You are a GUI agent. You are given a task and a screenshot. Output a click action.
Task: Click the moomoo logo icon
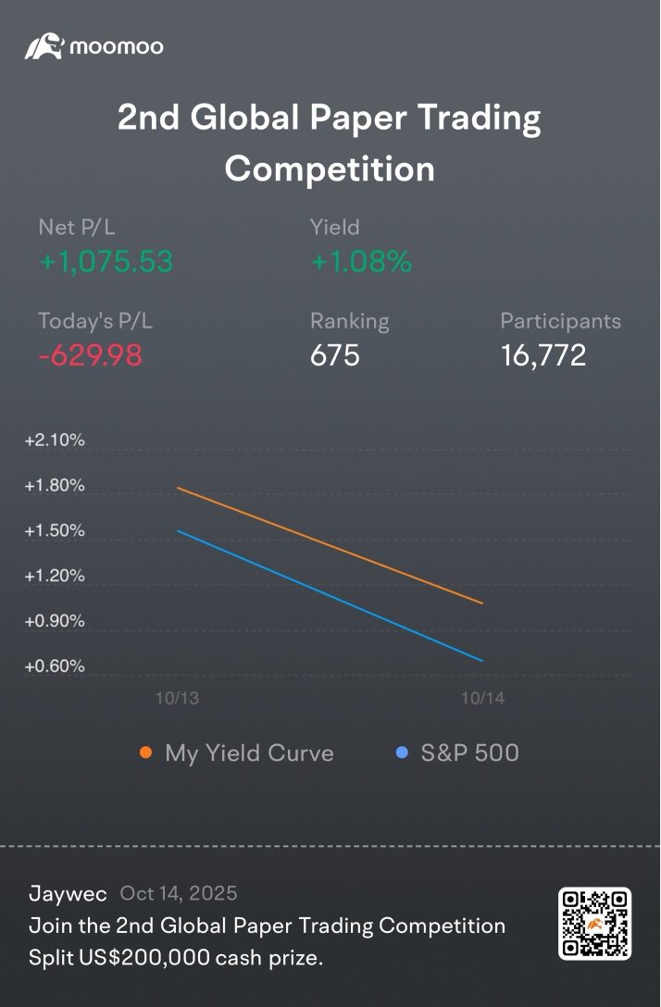[x=44, y=46]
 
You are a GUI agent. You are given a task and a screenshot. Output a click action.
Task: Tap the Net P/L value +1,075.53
[x=106, y=262]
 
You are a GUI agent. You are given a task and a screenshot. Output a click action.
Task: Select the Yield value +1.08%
[x=361, y=262]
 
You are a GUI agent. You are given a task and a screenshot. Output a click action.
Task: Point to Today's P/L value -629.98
[x=90, y=355]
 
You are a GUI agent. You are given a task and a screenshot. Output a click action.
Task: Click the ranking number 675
[x=334, y=355]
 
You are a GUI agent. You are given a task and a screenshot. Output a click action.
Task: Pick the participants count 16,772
[x=543, y=355]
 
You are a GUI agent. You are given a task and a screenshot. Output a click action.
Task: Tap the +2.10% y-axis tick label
[x=55, y=441]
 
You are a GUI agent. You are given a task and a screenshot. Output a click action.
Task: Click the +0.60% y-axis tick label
[x=55, y=666]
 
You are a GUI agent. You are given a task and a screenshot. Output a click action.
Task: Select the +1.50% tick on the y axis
[x=55, y=531]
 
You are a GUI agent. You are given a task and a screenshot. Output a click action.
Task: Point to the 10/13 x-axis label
[x=177, y=699]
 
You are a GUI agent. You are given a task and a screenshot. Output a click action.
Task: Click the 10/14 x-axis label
[x=482, y=699]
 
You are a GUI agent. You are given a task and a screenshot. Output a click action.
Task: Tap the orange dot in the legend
[x=145, y=752]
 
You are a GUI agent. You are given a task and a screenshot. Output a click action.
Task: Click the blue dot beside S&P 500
[x=402, y=752]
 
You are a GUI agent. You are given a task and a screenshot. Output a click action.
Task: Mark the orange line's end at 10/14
[x=482, y=603]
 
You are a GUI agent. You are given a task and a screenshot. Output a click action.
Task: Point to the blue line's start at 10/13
[x=178, y=531]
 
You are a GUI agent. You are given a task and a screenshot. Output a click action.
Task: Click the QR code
[x=594, y=923]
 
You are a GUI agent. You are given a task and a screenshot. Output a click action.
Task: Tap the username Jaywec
[x=68, y=893]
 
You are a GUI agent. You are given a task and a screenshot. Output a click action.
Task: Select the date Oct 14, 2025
[x=179, y=893]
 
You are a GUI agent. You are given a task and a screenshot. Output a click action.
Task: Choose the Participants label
[x=560, y=321]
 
